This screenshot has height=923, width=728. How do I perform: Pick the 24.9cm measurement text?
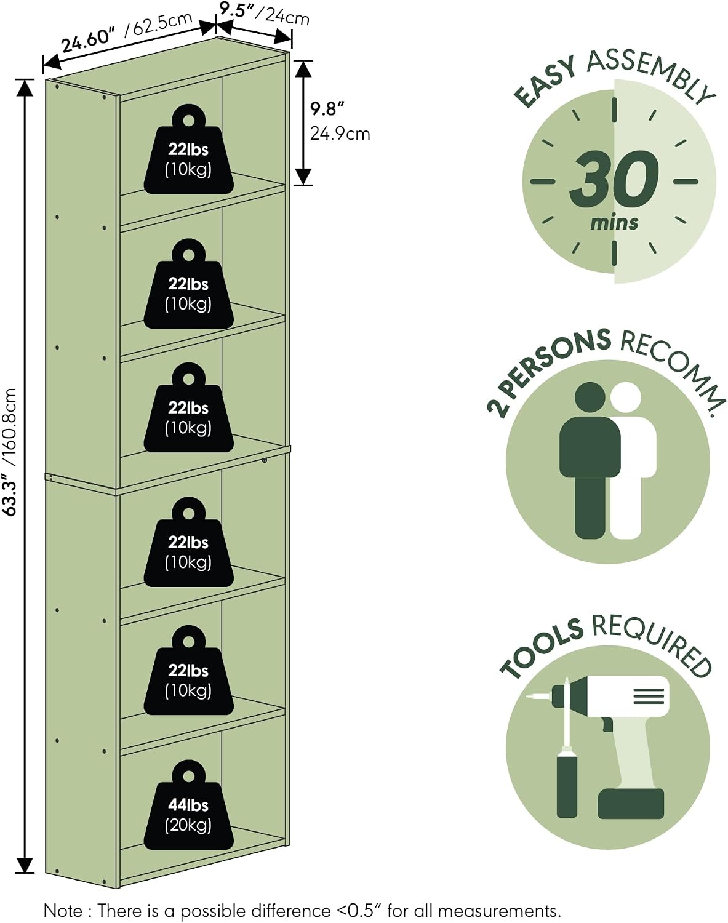pyautogui.click(x=340, y=134)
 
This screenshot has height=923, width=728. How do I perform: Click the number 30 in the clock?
pyautogui.click(x=614, y=179)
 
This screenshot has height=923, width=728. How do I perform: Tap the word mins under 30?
pyautogui.click(x=614, y=223)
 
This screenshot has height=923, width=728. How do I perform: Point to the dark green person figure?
pyautogui.click(x=590, y=460)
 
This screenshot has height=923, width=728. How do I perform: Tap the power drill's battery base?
pyautogui.click(x=631, y=804)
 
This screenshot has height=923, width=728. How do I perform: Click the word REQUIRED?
pyautogui.click(x=652, y=645)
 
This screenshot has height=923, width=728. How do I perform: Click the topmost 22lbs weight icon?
pyautogui.click(x=188, y=150)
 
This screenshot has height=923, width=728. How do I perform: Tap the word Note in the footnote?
pyautogui.click(x=63, y=911)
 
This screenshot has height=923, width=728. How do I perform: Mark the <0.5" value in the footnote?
pyautogui.click(x=358, y=910)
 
